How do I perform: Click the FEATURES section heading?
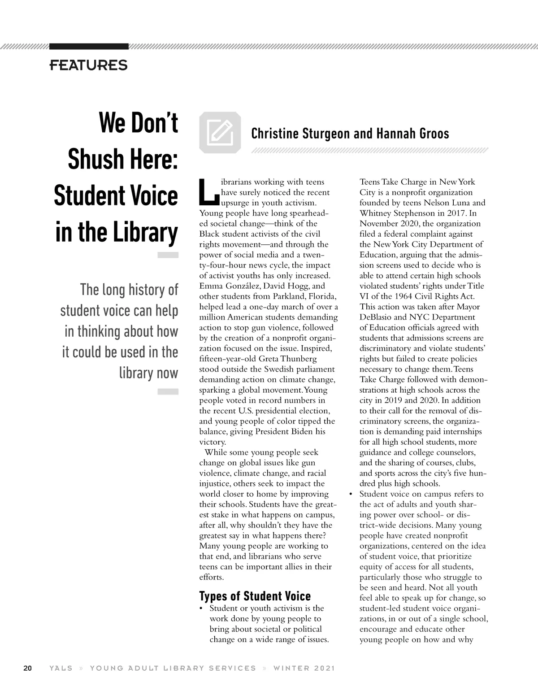pyautogui.click(x=88, y=65)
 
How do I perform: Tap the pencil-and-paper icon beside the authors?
pyautogui.click(x=220, y=132)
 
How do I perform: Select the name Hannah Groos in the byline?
pyautogui.click(x=412, y=134)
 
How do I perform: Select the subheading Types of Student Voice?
pyautogui.click(x=255, y=596)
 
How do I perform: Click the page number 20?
pyautogui.click(x=27, y=668)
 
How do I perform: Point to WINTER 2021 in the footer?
pyautogui.click(x=304, y=668)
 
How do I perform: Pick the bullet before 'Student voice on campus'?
pyautogui.click(x=351, y=494)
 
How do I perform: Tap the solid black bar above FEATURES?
pyautogui.click(x=89, y=46)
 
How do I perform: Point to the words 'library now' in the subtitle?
pyautogui.click(x=148, y=373)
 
